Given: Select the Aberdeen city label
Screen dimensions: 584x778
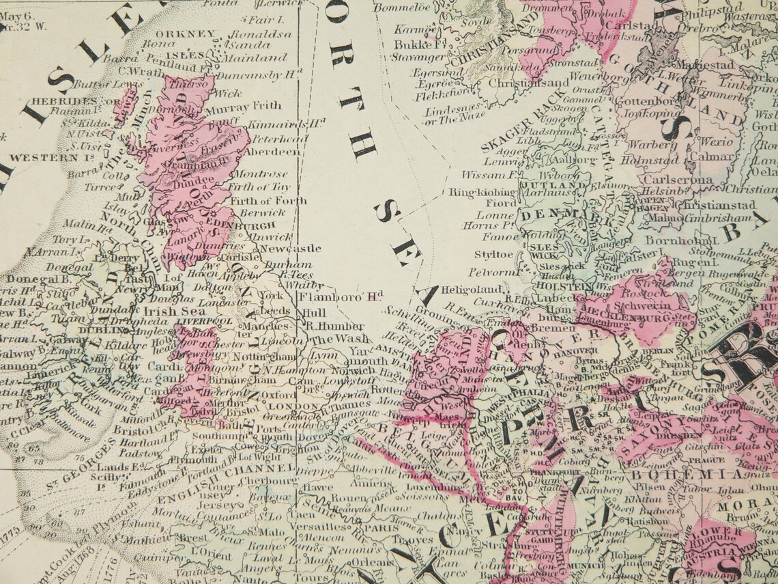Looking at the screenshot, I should coord(272,151).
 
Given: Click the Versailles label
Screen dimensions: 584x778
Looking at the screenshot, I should coord(318,527).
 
